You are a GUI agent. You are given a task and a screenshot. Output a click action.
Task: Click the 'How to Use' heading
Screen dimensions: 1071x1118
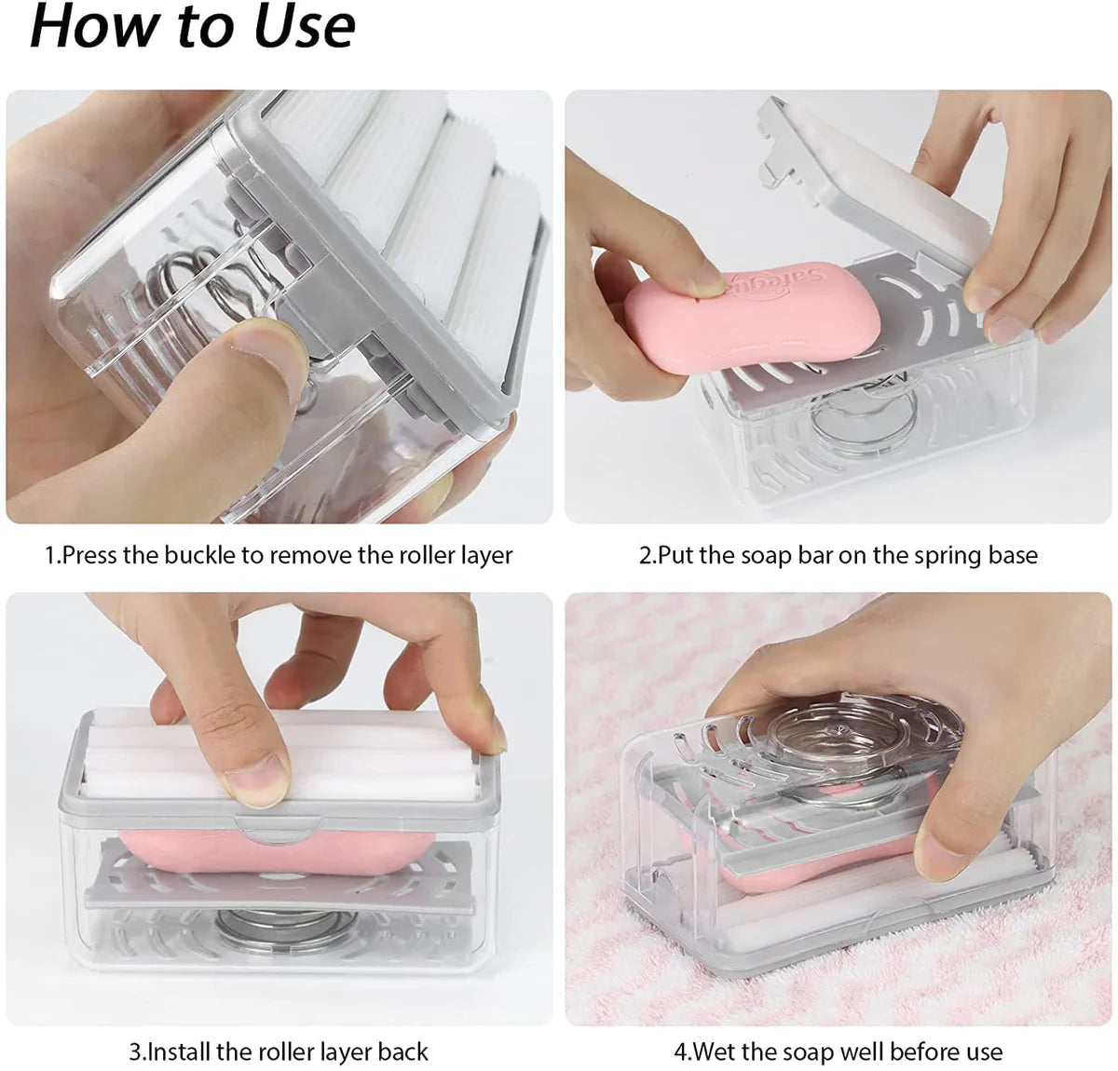pyautogui.click(x=193, y=27)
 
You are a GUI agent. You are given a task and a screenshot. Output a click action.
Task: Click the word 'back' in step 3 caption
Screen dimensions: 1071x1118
pyautogui.click(x=402, y=1052)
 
